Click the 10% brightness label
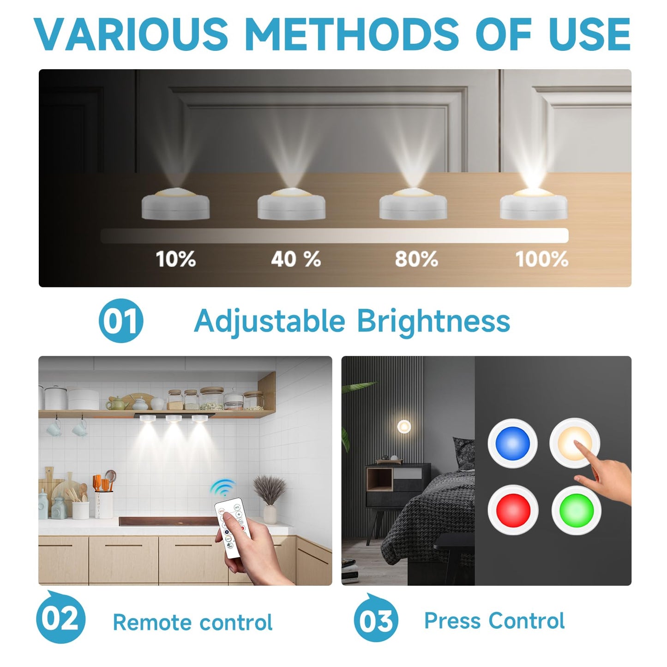176,259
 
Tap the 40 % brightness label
296,259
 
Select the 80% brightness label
416,259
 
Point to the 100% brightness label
541,259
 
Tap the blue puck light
512,443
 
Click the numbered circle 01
121,321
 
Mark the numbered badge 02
60,619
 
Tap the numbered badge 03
376,619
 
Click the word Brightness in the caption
433,321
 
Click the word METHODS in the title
353,34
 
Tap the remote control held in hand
232,526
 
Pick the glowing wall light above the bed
404,427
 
